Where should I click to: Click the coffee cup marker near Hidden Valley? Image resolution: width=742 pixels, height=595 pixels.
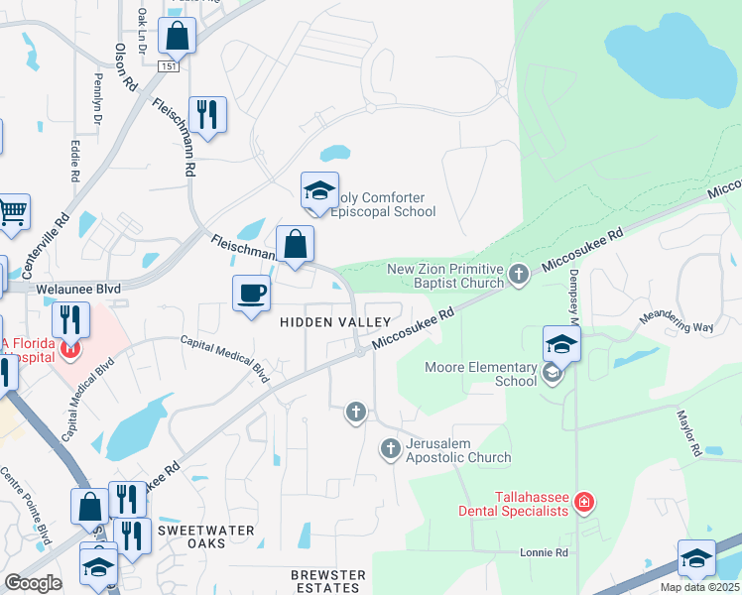(x=251, y=294)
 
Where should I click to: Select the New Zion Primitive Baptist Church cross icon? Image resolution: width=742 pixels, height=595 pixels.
(x=517, y=273)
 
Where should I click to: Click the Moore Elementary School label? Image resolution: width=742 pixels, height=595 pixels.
(x=481, y=374)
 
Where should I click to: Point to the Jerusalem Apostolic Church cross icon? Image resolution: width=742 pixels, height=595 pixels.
(x=390, y=449)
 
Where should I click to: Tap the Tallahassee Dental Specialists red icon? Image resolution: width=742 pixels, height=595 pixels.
(x=584, y=503)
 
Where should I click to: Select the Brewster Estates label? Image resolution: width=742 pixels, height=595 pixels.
(x=328, y=581)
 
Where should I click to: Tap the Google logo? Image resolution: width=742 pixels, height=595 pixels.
(x=33, y=583)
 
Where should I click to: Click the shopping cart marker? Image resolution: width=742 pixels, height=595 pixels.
(x=13, y=211)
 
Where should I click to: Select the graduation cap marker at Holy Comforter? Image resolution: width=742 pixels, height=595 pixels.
(x=319, y=190)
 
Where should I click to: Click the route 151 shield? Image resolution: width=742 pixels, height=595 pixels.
(x=170, y=65)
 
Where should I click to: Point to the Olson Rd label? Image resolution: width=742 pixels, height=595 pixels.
(x=125, y=67)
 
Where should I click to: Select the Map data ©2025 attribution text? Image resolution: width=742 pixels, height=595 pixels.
(x=700, y=587)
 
